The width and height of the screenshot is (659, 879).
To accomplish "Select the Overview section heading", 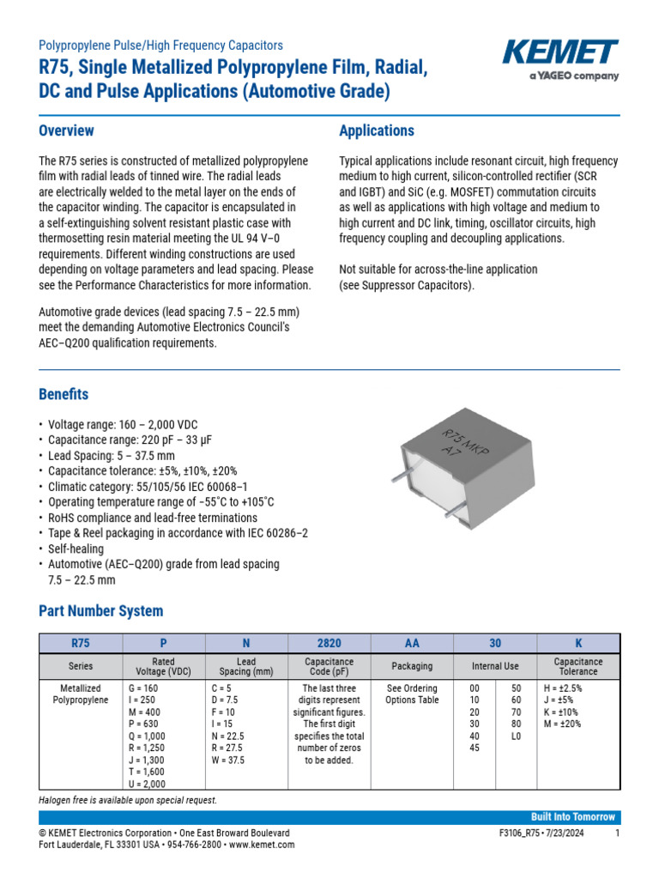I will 67,131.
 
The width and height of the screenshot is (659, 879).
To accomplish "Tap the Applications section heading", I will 377,131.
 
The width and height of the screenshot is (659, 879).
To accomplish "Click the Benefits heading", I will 63,395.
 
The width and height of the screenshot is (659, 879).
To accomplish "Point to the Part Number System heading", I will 100,611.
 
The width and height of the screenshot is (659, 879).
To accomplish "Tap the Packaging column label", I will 412,666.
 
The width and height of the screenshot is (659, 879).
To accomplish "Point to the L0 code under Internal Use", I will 515,737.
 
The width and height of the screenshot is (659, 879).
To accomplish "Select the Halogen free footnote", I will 128,800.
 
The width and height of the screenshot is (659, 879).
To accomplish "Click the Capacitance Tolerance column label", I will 578,666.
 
